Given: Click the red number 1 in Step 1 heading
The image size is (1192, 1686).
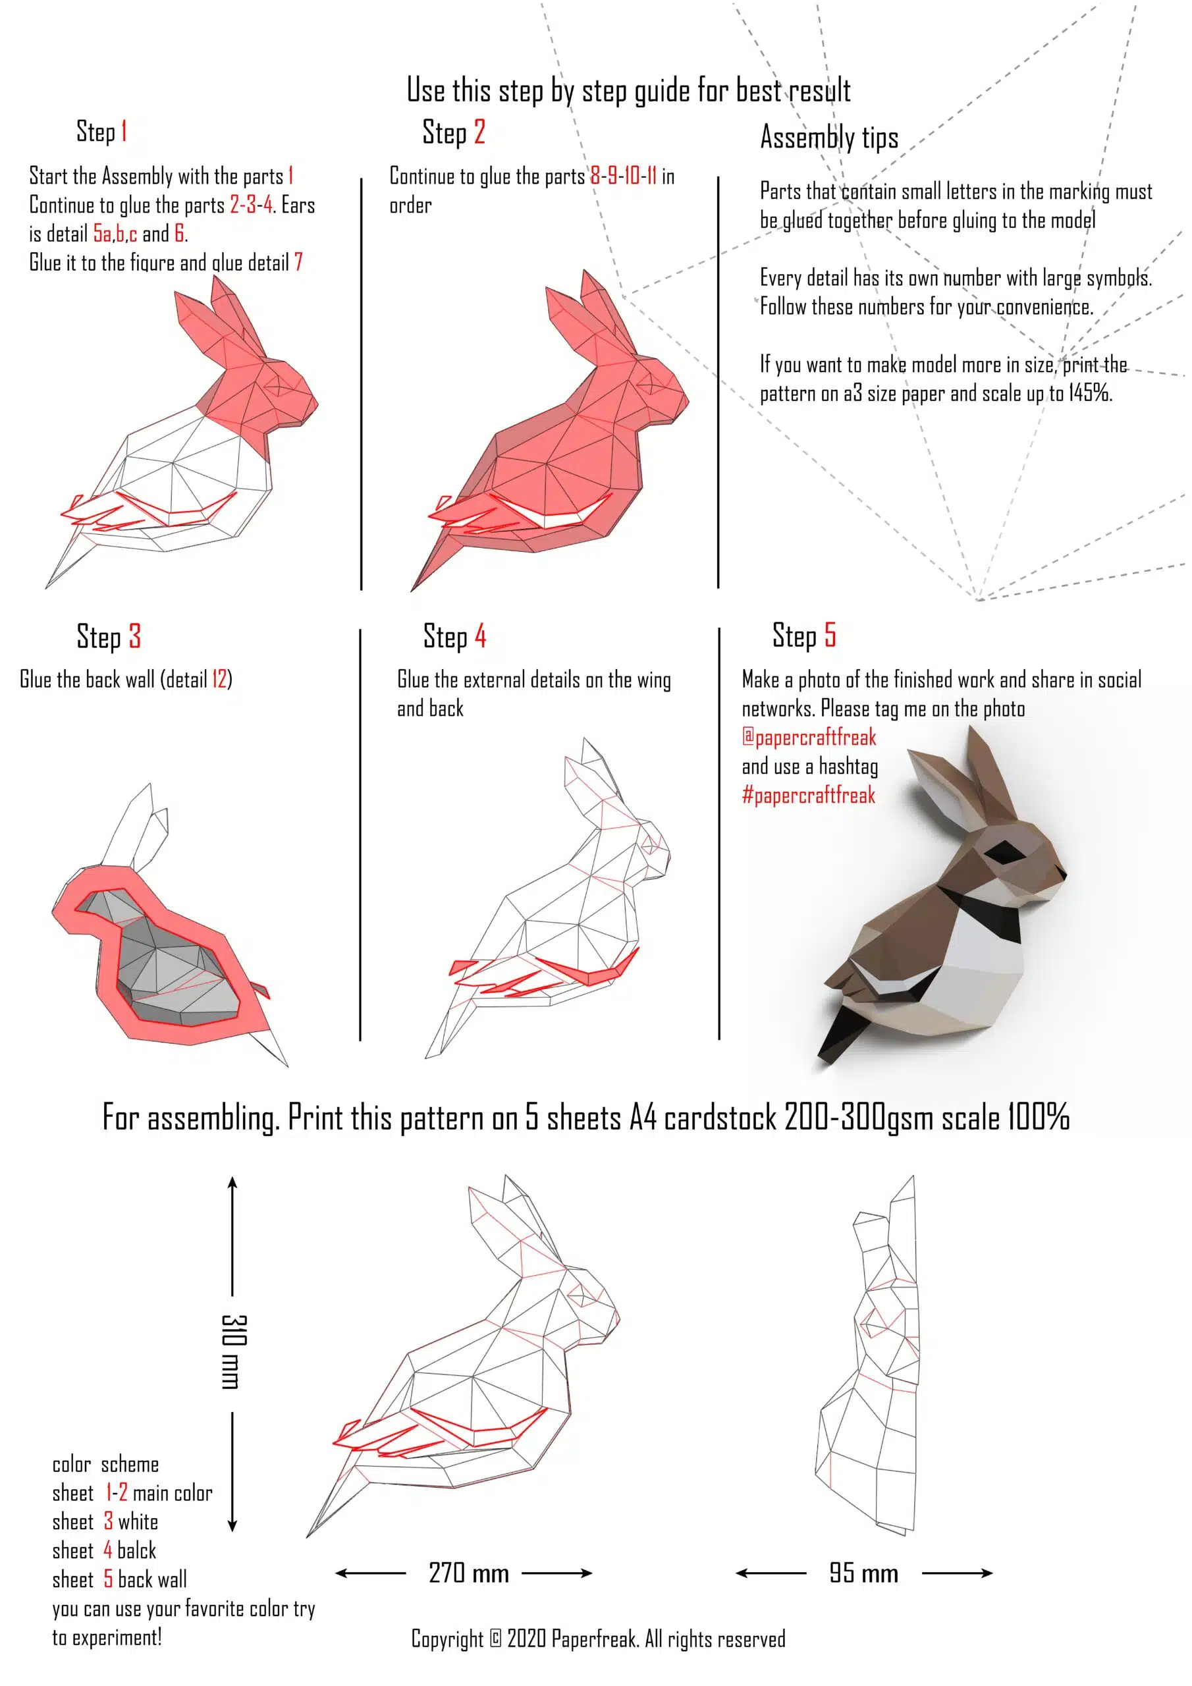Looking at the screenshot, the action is [124, 132].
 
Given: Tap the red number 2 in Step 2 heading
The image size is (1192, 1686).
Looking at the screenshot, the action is [479, 132].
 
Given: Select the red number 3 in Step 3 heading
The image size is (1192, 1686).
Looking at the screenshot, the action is [134, 636].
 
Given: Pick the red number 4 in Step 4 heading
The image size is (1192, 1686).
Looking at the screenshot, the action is [479, 636].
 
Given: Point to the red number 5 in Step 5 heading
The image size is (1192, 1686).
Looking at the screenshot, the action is [830, 635].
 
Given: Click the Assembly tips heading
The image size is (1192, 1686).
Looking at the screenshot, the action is [829, 138].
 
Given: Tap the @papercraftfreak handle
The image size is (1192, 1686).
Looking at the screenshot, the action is [809, 736].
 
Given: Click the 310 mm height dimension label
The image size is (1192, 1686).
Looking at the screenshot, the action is [234, 1351].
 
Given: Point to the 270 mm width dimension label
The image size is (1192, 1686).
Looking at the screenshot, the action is [469, 1573].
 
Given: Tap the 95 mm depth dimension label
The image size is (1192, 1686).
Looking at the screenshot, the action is [863, 1573].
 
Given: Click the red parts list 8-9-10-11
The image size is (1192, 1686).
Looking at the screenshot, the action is [624, 177].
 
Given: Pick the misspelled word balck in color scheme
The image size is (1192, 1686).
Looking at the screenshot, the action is [136, 1550].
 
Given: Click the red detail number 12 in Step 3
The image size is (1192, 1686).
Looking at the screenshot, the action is [219, 679].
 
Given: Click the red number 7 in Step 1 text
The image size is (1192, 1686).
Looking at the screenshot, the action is [298, 262].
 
